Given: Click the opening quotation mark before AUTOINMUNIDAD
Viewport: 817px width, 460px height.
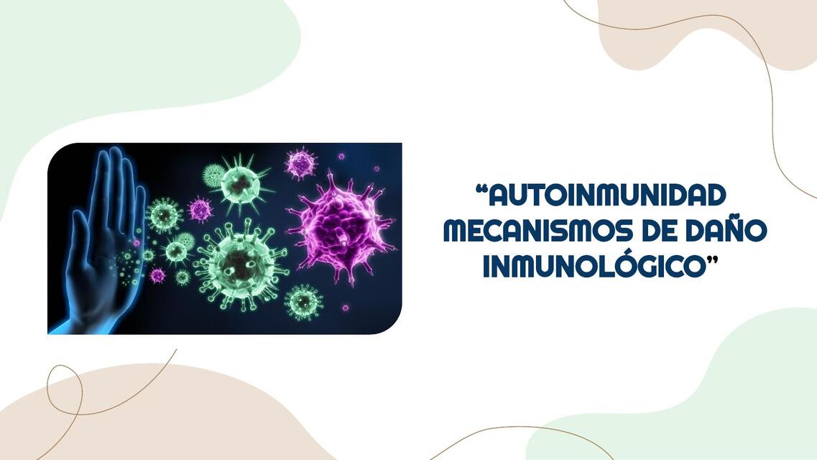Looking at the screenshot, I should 482,189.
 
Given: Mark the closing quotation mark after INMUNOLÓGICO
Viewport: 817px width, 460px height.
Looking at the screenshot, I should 713,259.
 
